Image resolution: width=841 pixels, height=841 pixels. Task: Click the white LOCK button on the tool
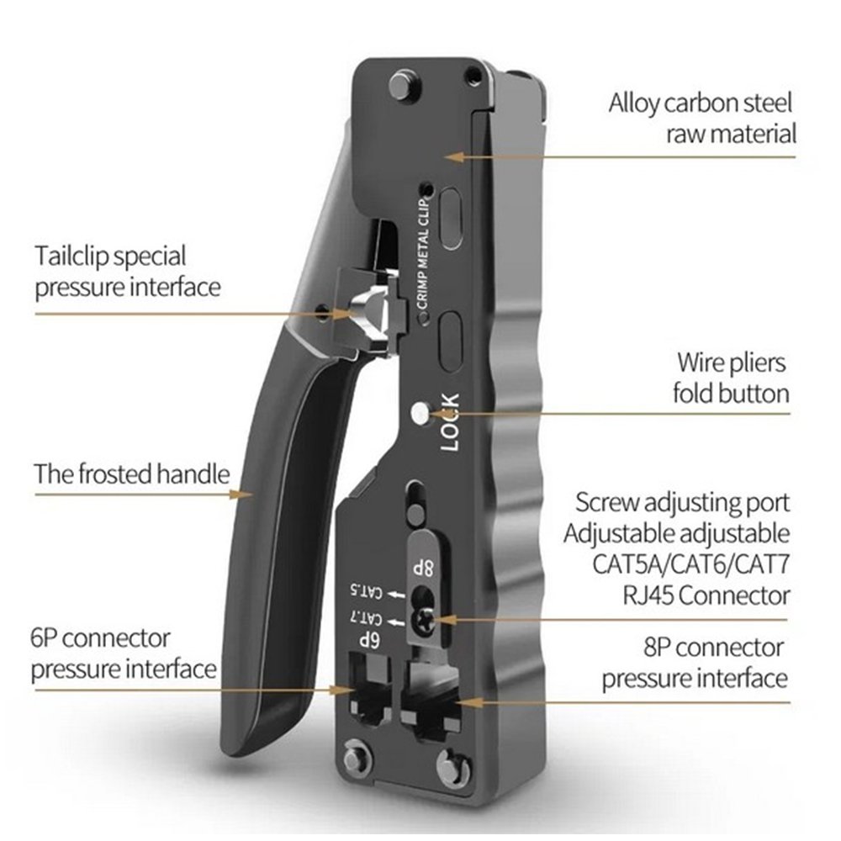[418, 412]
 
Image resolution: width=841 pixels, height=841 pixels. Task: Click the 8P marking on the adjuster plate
[420, 567]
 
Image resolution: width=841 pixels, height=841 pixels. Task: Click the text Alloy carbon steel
[701, 104]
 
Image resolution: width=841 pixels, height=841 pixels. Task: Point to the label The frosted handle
[131, 473]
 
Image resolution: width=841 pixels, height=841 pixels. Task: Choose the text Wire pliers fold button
[731, 378]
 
